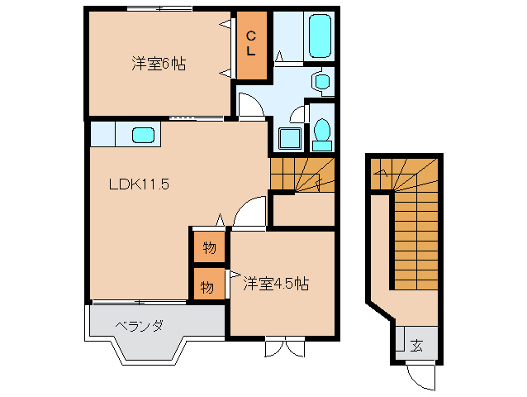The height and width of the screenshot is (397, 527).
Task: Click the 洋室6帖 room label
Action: coord(156,64)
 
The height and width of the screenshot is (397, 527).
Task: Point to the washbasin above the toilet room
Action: coord(321,81)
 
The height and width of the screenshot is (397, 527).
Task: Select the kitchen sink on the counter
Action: coord(142,134)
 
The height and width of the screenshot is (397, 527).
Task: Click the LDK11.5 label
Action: coord(139,185)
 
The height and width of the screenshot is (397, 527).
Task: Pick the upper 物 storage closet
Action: coord(208,246)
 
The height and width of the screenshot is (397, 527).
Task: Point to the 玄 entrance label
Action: coord(417,346)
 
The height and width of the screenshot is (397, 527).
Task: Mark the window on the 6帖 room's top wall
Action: coord(160,8)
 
